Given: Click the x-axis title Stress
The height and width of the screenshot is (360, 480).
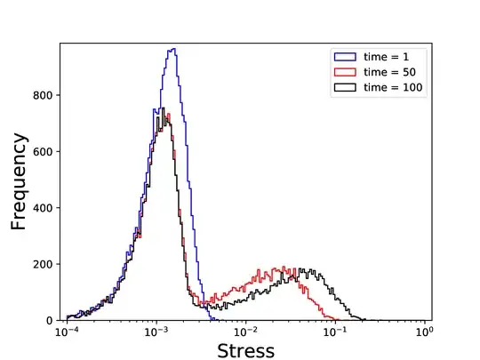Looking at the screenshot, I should point(245,349).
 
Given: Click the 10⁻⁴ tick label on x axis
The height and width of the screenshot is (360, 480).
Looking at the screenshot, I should point(67,332).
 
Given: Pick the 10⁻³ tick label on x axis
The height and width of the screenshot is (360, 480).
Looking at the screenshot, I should point(156,332).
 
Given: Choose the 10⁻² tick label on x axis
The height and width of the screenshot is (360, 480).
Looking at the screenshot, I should point(245,332).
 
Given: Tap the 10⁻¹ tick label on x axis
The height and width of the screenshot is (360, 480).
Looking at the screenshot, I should point(335,332).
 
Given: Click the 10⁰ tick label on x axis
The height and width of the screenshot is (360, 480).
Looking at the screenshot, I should point(425,332).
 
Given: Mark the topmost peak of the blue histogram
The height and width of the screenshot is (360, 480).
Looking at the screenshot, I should point(173,49).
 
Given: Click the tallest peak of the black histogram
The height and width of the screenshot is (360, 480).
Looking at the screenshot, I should point(162,108).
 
